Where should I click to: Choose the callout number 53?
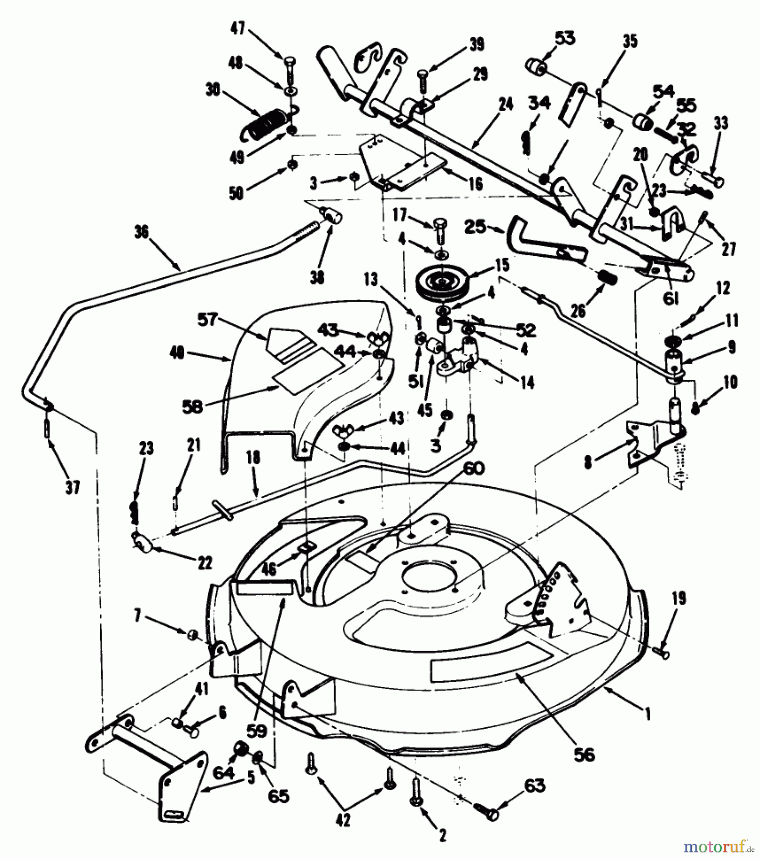pyautogui.click(x=565, y=38)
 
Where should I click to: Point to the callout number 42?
pyautogui.click(x=343, y=820)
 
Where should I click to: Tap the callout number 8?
pyautogui.click(x=588, y=462)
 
